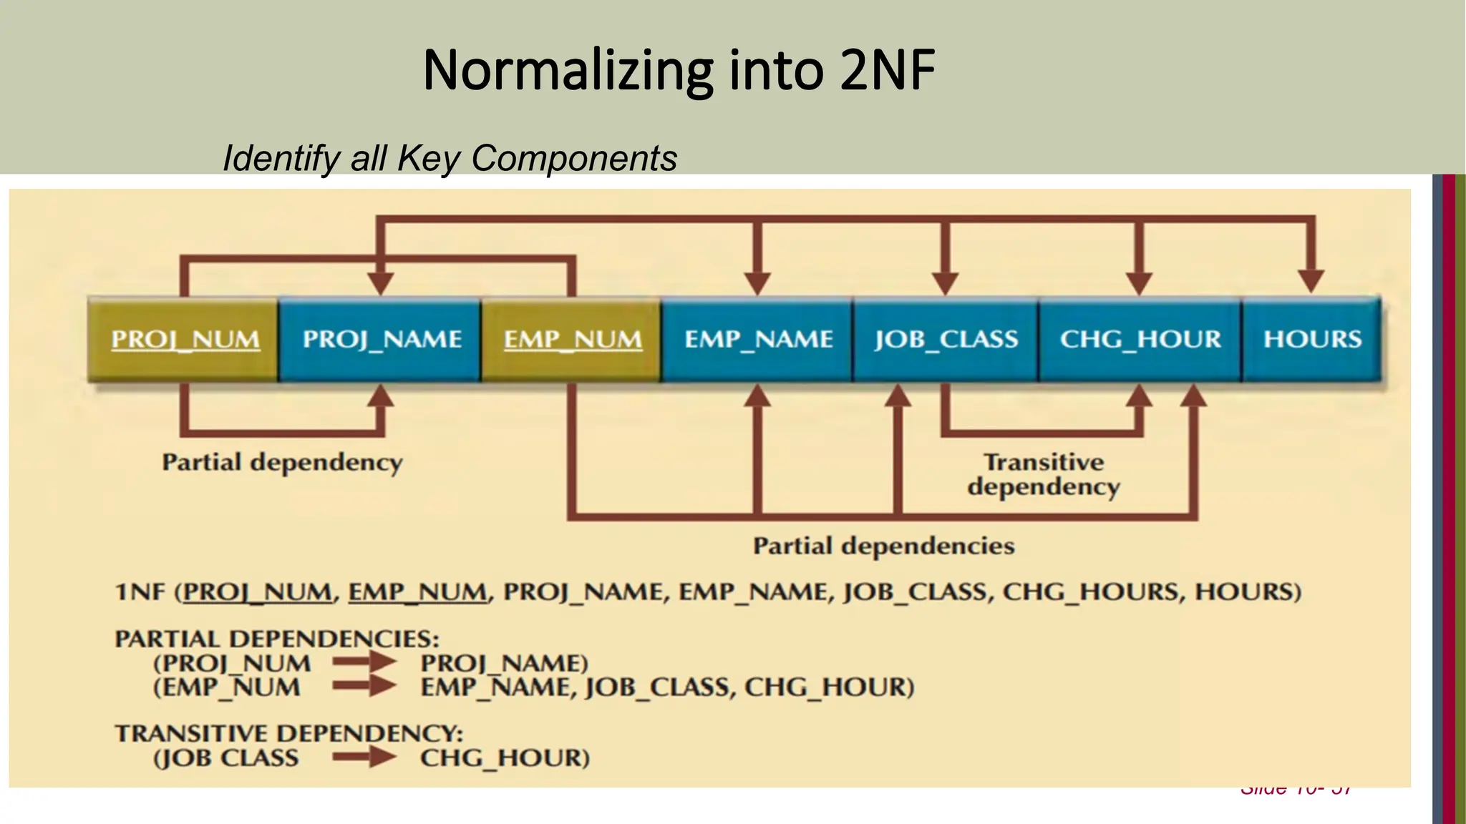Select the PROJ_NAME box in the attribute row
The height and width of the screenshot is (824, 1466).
[x=381, y=339]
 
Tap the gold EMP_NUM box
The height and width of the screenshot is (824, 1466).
[x=572, y=339]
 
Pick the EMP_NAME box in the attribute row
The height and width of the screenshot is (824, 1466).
[x=758, y=339]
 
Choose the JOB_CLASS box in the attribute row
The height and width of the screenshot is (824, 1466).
[x=946, y=339]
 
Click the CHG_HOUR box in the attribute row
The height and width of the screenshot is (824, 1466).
[x=1140, y=339]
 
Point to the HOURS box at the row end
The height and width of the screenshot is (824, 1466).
[x=1312, y=339]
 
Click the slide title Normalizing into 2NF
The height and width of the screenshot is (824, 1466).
[x=679, y=70]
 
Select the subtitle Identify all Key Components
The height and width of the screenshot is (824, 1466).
[x=450, y=158]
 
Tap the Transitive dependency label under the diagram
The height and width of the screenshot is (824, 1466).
[x=1044, y=474]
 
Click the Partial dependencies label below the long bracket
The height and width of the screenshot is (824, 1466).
[x=883, y=546]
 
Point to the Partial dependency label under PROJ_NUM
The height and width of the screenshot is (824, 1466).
[x=282, y=462]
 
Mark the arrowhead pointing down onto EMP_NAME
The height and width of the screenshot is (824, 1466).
[x=757, y=283]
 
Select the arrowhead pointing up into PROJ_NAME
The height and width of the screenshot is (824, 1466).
[x=381, y=396]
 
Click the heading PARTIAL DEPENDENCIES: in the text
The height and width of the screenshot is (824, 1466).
[x=277, y=638]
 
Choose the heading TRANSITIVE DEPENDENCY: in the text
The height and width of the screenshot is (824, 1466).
[x=289, y=733]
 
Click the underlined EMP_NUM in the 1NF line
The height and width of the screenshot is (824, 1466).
[x=417, y=592]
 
